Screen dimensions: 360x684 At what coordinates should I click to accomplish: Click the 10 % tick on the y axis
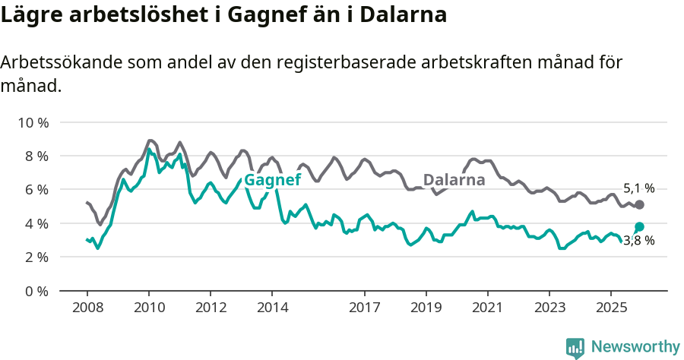(32, 122)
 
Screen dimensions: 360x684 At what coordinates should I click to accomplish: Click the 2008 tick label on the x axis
(87, 308)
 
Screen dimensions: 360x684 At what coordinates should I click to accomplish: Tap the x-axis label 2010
(149, 308)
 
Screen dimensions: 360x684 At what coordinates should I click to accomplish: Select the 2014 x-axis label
(272, 308)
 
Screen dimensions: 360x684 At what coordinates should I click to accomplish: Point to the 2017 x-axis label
(365, 308)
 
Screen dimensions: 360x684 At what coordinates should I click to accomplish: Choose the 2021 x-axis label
(487, 308)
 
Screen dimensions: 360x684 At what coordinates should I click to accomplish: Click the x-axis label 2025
(610, 308)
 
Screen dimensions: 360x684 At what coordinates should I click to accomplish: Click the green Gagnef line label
(272, 180)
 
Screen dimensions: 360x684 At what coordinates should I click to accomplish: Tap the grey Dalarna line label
(454, 180)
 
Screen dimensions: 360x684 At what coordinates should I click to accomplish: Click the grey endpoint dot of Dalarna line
(639, 205)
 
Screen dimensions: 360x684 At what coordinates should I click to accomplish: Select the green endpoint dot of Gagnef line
(639, 226)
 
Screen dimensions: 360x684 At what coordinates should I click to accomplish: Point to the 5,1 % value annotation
(638, 188)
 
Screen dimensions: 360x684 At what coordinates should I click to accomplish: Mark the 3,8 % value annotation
(638, 241)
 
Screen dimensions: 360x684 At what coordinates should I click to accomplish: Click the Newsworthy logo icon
(575, 347)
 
